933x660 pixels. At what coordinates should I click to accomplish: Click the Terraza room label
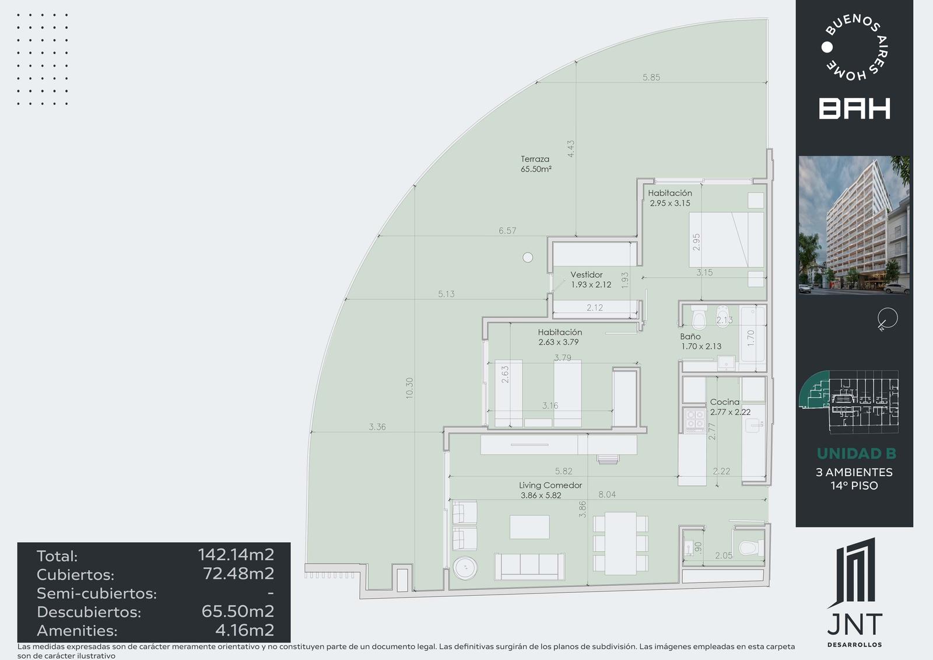(535, 159)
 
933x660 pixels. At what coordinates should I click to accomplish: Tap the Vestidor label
(587, 275)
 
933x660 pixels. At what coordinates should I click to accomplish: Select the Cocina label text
(725, 402)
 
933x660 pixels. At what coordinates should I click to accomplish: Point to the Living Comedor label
(550, 486)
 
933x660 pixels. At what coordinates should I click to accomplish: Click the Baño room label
(690, 337)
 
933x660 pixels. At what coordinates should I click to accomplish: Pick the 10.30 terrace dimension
(409, 388)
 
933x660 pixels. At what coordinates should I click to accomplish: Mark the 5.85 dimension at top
(651, 78)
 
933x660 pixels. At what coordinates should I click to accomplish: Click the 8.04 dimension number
(607, 494)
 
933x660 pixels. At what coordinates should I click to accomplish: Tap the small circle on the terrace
(528, 258)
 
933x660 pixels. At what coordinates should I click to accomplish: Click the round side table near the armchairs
(465, 568)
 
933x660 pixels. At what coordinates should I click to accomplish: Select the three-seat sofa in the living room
(529, 567)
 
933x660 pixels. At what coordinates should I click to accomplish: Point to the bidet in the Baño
(722, 316)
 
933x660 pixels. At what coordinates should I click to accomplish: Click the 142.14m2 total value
(236, 554)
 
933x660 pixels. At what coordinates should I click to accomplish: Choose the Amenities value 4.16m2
(244, 630)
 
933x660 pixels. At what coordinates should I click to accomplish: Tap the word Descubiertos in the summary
(89, 612)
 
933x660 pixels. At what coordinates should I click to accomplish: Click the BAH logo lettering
(854, 109)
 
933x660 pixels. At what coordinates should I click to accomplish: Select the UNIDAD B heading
(857, 453)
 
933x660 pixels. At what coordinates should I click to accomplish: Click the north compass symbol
(887, 319)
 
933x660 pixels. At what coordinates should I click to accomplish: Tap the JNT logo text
(855, 624)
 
